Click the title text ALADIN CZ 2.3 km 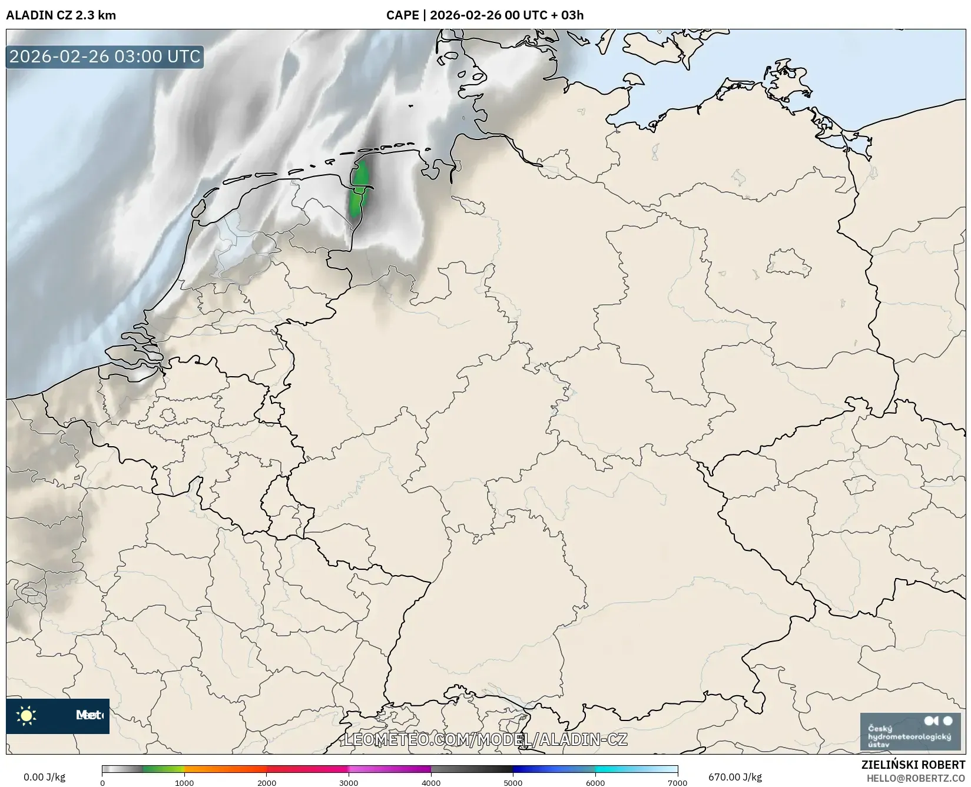[61, 15]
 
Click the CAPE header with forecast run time [485, 15]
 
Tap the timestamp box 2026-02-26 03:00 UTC [105, 57]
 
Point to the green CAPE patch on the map [359, 188]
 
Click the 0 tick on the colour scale [102, 782]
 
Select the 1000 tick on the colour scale [184, 782]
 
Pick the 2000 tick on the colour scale [267, 782]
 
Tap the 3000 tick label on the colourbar [349, 782]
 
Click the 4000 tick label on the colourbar [431, 782]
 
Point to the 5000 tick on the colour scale [513, 782]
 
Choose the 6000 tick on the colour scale [595, 782]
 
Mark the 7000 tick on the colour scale [677, 782]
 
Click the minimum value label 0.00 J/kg [44, 777]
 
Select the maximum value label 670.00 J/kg [735, 777]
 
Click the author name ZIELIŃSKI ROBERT [913, 765]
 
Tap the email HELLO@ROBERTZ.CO [916, 778]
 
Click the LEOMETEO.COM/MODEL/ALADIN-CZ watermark [486, 739]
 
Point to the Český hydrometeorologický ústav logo [910, 732]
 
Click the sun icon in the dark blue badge [26, 716]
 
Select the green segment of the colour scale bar [164, 769]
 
